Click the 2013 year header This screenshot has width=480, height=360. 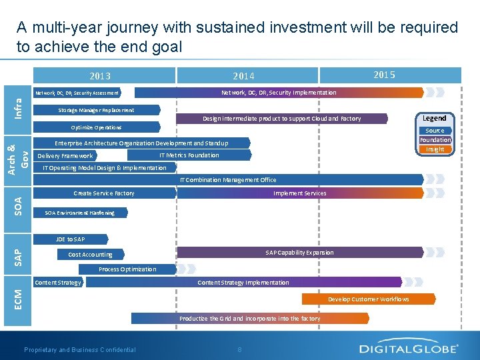101,76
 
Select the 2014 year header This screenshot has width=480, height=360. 243,76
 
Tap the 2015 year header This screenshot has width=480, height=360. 384,75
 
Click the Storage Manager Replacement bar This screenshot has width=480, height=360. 97,110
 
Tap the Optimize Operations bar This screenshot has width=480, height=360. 97,127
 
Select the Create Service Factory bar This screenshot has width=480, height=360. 104,193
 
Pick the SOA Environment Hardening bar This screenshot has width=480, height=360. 80,213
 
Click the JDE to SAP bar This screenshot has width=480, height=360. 70,239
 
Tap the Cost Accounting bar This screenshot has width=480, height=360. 91,255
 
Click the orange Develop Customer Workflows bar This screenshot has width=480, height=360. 368,299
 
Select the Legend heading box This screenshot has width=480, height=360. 435,118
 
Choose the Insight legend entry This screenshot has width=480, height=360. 435,149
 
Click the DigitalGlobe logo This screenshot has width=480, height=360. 409,348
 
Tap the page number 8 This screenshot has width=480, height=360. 239,349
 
